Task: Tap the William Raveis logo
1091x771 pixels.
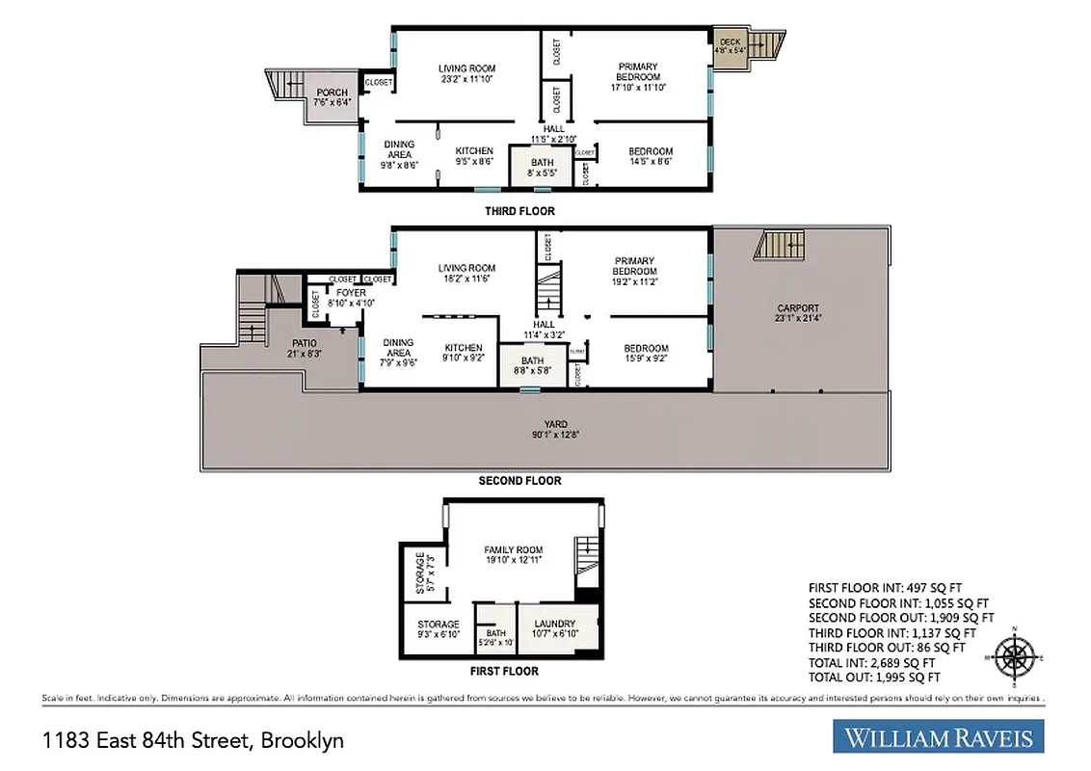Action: click(938, 738)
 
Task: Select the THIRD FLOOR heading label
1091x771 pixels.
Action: click(519, 211)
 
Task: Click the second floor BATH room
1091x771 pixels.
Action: click(532, 366)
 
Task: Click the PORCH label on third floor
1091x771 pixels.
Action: click(332, 93)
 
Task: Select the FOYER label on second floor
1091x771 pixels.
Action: click(351, 293)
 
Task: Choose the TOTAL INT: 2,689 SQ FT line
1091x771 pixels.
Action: click(871, 663)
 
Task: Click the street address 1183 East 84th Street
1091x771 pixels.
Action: click(193, 740)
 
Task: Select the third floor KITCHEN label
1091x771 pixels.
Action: click(474, 151)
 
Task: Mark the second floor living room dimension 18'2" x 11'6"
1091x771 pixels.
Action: click(466, 279)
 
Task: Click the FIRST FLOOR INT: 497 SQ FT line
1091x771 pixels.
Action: click(885, 587)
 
